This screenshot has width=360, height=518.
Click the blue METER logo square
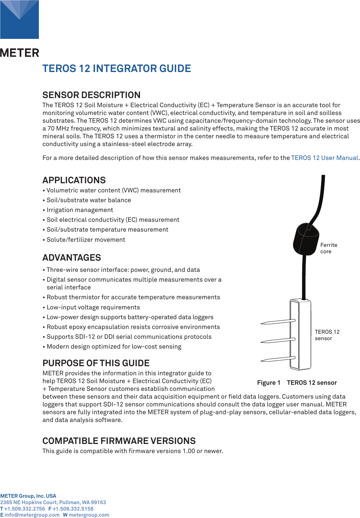19,19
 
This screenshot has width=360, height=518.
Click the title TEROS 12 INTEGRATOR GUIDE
117,69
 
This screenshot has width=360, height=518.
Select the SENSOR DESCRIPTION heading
91,95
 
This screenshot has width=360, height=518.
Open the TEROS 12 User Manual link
325,158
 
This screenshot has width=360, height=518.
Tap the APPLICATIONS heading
74,180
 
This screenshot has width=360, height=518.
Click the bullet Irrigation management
80,210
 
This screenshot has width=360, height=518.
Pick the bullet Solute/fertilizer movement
86,240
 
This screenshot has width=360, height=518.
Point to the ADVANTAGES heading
72,258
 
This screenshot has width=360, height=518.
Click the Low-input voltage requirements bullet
93,307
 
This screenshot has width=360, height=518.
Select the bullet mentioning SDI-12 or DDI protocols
129,337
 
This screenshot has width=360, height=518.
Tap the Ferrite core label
329,248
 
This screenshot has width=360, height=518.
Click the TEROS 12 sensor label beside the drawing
327,335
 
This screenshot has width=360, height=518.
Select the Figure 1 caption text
297,383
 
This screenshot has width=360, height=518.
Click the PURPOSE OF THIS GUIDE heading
96,363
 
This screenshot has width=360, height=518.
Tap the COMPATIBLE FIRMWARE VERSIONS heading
119,441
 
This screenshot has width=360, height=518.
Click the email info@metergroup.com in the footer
32,515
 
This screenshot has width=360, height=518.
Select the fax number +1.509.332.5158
73,509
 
